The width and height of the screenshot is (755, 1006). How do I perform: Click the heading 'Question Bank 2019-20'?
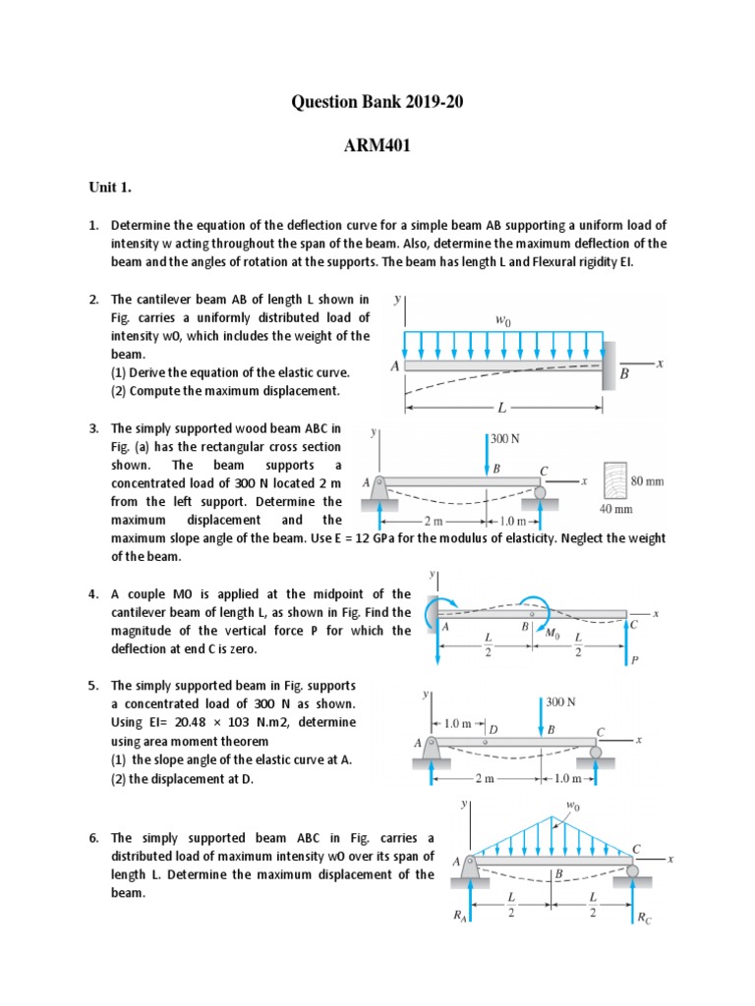pos(377,100)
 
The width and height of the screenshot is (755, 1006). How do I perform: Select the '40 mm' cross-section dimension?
pos(616,509)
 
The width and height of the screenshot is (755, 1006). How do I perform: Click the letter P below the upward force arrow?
pos(635,660)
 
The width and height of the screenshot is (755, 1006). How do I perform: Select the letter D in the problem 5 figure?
pos(494,729)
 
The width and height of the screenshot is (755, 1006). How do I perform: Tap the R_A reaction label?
pos(459,917)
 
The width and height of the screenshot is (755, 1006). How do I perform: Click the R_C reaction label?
pos(643,919)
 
